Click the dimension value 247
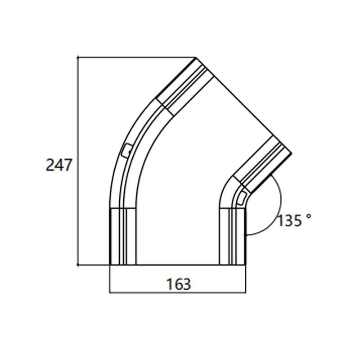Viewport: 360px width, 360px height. click(x=58, y=165)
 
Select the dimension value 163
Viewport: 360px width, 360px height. click(x=179, y=284)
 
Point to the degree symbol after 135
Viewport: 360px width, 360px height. click(x=308, y=216)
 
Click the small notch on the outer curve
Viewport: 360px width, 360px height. click(x=127, y=150)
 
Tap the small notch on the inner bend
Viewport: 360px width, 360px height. click(x=242, y=197)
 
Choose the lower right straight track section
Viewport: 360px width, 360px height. click(x=233, y=236)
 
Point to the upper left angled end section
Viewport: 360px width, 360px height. click(x=184, y=85)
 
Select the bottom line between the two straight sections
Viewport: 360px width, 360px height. click(x=178, y=265)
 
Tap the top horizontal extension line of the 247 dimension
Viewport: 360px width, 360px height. click(x=135, y=57)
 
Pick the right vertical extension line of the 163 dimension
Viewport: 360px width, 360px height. click(x=246, y=279)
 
